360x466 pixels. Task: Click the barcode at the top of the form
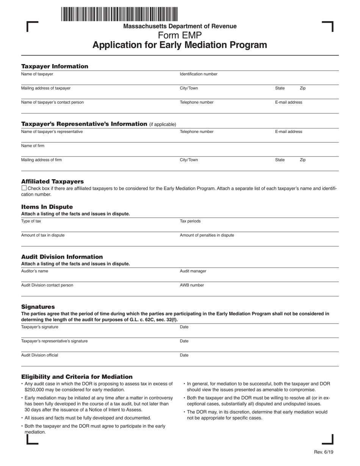click(x=119, y=14)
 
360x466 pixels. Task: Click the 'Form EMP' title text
click(x=180, y=36)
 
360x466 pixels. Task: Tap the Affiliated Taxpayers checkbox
click(x=24, y=188)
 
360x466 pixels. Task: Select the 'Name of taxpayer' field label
click(x=37, y=74)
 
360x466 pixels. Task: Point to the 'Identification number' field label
click(x=199, y=74)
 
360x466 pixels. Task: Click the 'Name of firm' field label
click(x=33, y=146)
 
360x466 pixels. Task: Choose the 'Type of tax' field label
click(x=31, y=221)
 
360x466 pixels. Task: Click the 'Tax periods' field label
click(x=190, y=221)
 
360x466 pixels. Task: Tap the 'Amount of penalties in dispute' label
click(x=207, y=235)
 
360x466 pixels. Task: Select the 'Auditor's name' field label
click(x=34, y=271)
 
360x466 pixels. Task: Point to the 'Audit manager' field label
click(x=193, y=271)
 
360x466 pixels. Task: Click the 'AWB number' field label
click(x=192, y=285)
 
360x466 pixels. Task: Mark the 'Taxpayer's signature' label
click(x=40, y=327)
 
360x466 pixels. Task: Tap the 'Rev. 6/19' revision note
click(x=324, y=452)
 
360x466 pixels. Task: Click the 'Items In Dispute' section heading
click(x=47, y=207)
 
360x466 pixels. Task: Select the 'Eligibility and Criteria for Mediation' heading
click(x=77, y=377)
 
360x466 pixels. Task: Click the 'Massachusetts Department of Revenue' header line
click(x=180, y=26)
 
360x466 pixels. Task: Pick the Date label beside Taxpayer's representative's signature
click(x=184, y=341)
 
